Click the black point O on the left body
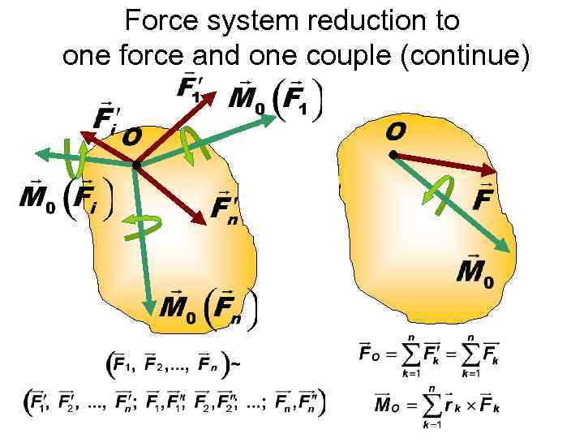tap(136, 165)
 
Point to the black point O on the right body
tap(393, 154)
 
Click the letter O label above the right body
tap(396, 130)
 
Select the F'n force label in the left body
tap(225, 208)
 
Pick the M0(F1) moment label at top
tap(276, 99)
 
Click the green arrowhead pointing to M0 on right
tap(506, 247)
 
